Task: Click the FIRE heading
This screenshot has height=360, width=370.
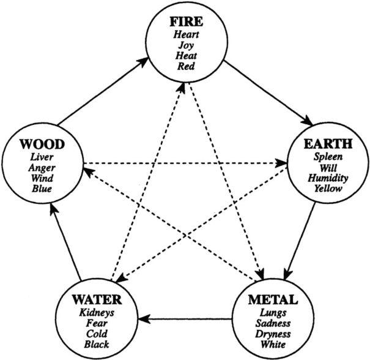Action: click(186, 23)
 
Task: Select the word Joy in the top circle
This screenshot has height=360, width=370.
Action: click(186, 45)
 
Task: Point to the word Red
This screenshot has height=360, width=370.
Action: click(186, 66)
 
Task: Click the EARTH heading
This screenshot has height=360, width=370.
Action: click(328, 144)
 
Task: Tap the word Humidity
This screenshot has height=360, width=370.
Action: click(328, 178)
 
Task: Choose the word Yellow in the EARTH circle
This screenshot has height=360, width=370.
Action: click(328, 188)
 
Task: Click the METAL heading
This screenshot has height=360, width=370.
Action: click(272, 300)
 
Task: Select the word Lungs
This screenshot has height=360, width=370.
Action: click(272, 312)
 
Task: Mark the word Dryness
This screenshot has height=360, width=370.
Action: click(272, 334)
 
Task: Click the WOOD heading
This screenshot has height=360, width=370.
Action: click(42, 145)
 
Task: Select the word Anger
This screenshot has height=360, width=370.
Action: click(42, 168)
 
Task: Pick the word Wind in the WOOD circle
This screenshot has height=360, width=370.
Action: click(42, 178)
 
